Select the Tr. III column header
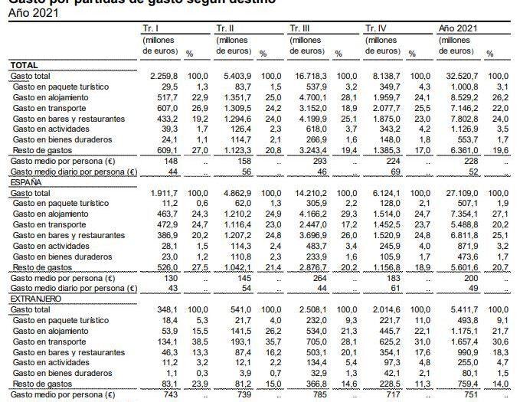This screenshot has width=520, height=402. point(301,28)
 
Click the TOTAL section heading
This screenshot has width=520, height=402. point(25,66)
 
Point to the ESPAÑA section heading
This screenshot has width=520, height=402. point(26,185)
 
